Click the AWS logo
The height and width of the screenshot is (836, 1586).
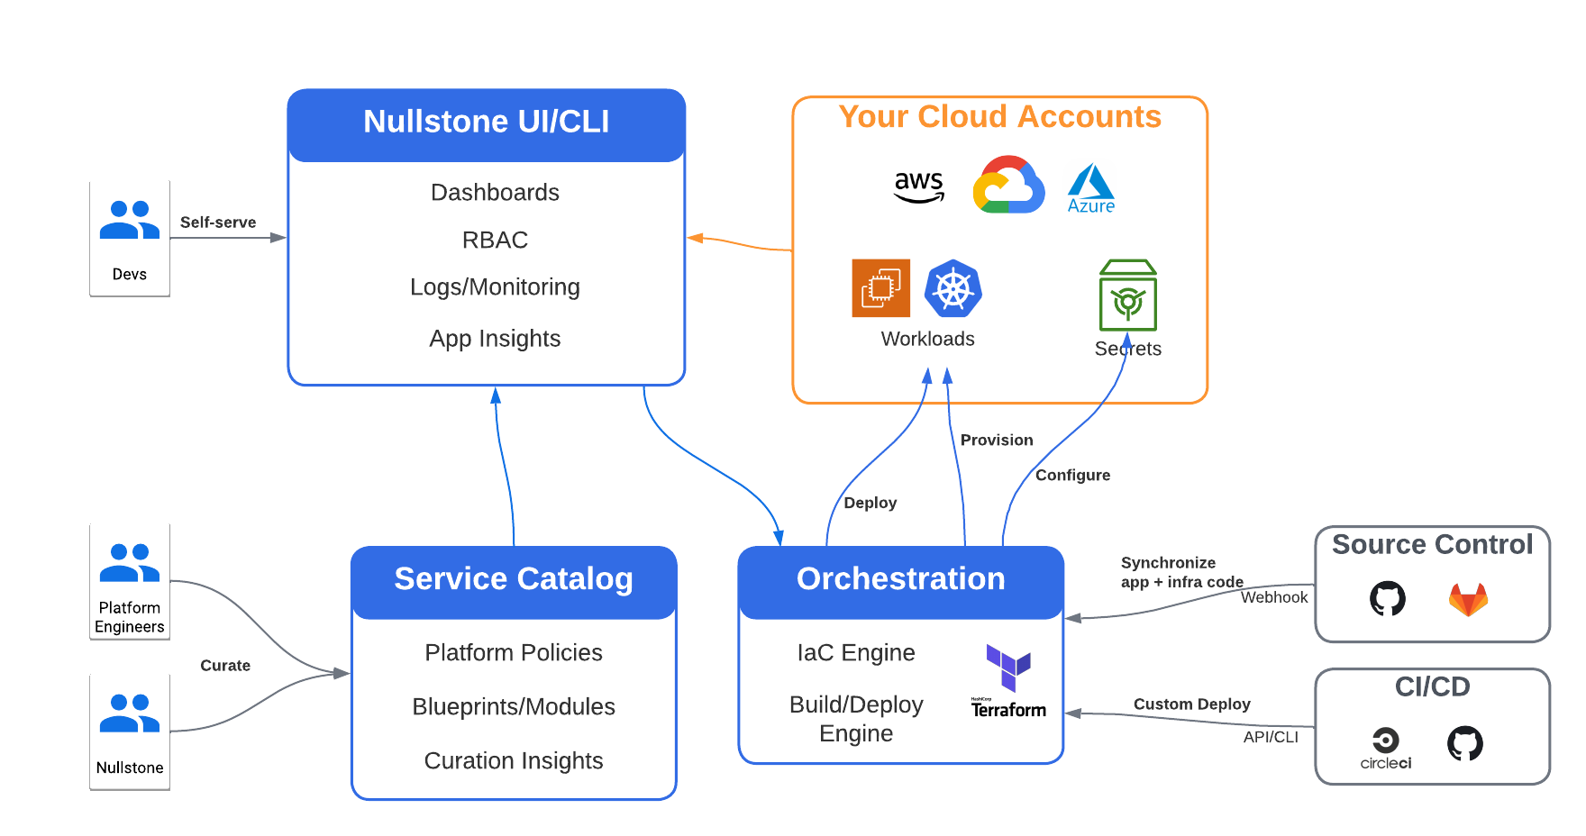918,186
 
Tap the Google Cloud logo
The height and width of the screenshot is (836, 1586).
1008,185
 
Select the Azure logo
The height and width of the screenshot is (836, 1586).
1090,188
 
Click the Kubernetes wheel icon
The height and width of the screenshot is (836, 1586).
953,288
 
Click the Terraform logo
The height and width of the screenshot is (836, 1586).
1008,681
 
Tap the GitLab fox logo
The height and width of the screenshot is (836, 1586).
1468,599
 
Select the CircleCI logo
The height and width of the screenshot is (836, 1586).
1385,748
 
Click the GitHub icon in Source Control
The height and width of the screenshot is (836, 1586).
1387,598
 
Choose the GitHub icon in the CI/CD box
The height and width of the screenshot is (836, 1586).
1464,743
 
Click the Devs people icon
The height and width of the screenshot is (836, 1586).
130,220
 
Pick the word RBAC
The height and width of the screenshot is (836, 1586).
495,241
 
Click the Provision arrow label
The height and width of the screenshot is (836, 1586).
997,441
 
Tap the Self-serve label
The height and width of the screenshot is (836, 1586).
218,223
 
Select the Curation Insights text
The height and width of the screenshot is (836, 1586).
514,761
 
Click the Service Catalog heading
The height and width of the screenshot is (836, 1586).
514,579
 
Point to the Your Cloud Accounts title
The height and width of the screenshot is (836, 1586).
999,117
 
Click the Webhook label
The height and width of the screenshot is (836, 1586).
1273,597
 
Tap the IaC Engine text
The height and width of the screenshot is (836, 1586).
856,653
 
